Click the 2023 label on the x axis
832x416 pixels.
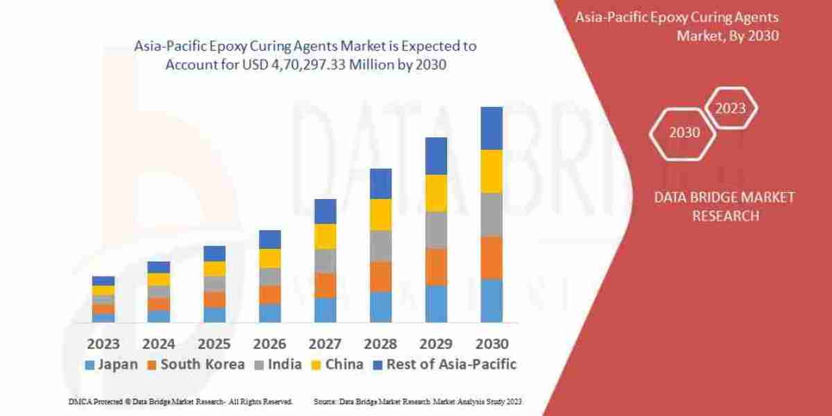[103, 343]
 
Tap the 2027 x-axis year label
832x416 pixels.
[324, 343]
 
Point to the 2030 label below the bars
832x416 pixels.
[491, 343]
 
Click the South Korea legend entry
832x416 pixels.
[195, 364]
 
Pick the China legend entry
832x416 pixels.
[338, 364]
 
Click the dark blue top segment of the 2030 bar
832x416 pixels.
[491, 128]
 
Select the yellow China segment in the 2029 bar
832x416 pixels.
[435, 193]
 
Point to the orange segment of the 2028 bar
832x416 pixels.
[380, 276]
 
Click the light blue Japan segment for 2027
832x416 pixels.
[324, 310]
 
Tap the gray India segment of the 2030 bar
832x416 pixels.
[491, 214]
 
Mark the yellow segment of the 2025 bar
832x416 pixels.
[214, 269]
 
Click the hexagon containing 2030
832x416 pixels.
[684, 132]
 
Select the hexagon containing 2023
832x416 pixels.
[730, 108]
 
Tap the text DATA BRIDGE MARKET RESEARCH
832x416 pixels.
[724, 207]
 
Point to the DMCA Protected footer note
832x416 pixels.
[180, 401]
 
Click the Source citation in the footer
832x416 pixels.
[417, 401]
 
